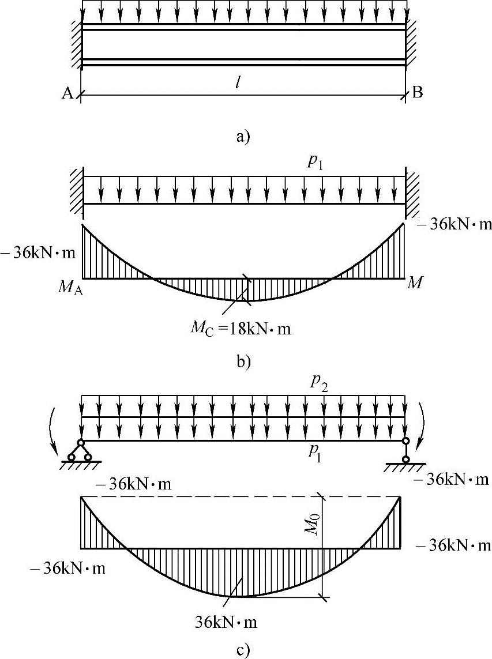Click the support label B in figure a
pyautogui.click(x=417, y=93)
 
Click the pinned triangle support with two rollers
pyautogui.click(x=80, y=450)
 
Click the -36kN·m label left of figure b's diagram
pyautogui.click(x=37, y=253)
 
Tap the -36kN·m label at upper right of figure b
pyautogui.click(x=456, y=224)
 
